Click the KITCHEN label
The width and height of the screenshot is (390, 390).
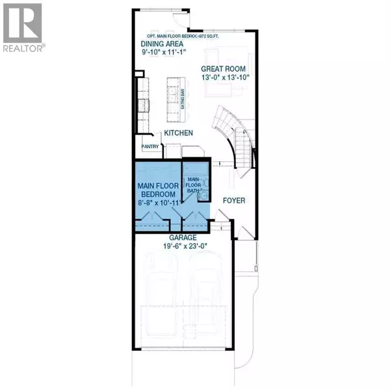click(179, 133)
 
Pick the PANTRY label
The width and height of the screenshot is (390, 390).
click(150, 147)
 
